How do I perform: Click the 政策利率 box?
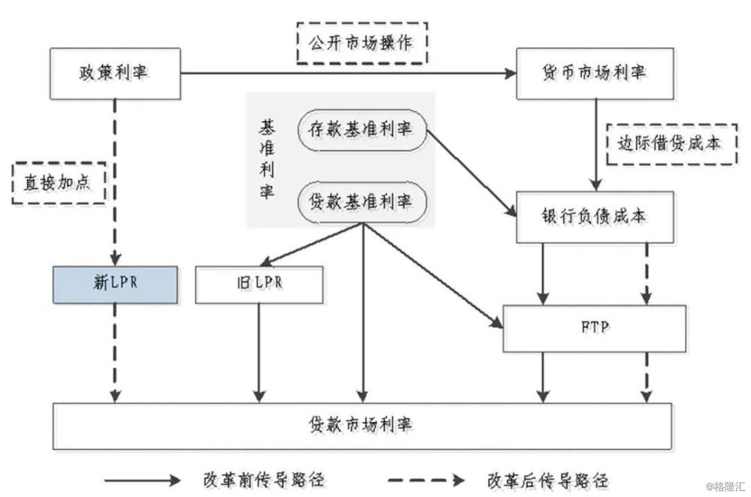[116, 74]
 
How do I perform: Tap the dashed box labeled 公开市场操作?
[361, 43]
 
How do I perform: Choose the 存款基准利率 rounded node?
[361, 129]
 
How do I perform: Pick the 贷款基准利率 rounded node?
[361, 201]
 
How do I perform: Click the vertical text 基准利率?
[267, 161]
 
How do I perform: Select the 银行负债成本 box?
[595, 216]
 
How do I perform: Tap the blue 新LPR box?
[116, 285]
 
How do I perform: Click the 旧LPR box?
[259, 285]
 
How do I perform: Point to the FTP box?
[594, 328]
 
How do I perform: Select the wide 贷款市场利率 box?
[361, 425]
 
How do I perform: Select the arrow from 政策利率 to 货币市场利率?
[345, 74]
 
